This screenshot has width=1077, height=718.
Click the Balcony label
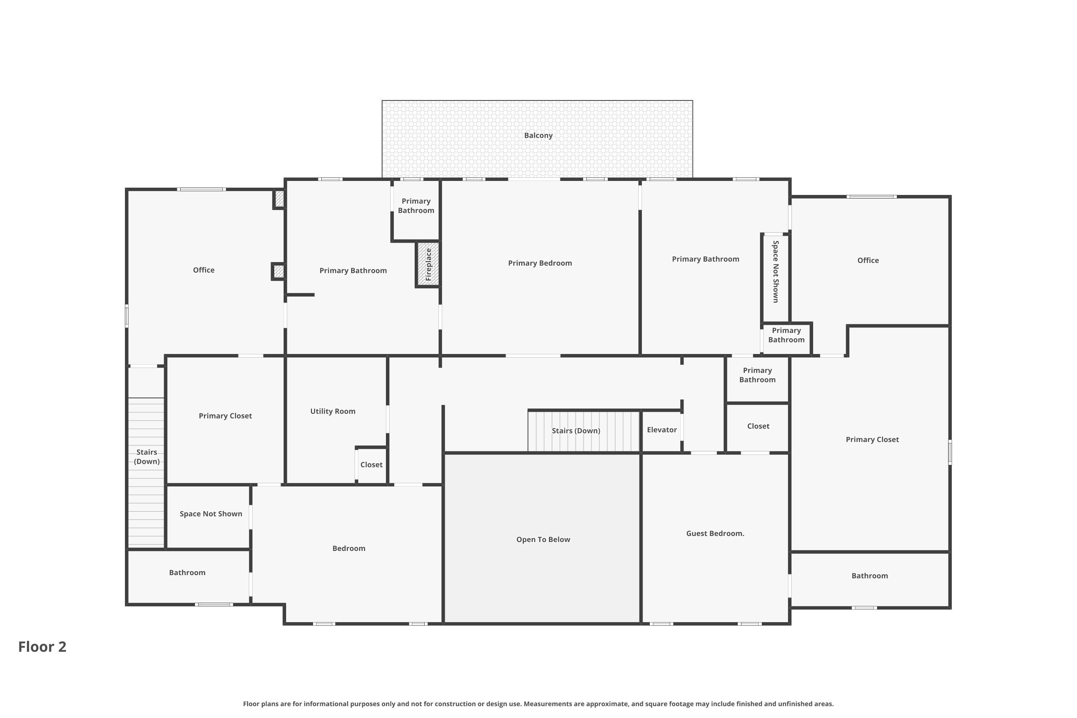point(538,136)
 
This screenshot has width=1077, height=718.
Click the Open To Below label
point(543,540)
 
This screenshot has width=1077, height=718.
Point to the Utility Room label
point(332,411)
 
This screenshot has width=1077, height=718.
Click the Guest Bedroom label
point(715,533)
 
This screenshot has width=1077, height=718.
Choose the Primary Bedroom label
point(540,263)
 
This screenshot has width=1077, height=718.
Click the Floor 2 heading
point(42,647)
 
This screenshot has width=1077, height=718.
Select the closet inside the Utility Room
point(371,465)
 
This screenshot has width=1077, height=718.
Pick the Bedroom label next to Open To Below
point(349,549)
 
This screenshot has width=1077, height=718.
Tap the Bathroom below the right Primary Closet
point(869,576)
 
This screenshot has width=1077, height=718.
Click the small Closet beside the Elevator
point(758,426)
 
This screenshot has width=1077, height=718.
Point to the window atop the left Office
point(201,190)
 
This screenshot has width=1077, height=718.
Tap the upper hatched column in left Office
point(279,199)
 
